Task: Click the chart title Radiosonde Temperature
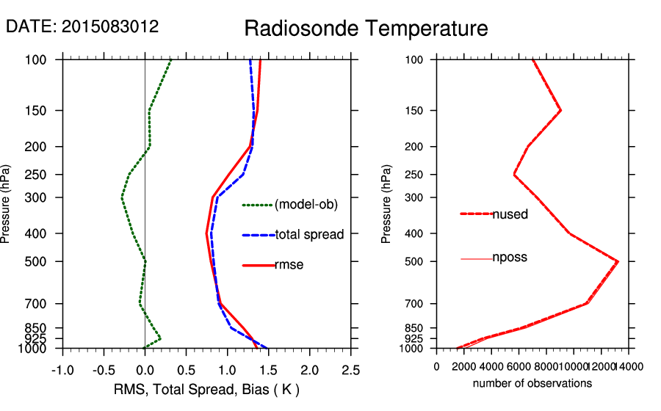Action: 366,29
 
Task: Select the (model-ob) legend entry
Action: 306,205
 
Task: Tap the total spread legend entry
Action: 309,235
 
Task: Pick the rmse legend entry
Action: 289,265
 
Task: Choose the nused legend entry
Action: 510,214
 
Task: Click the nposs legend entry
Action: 510,258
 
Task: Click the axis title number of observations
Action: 532,383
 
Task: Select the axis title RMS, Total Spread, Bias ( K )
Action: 207,389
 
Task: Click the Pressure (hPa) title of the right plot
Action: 386,204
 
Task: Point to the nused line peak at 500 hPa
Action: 618,261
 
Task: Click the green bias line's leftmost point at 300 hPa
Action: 122,198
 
